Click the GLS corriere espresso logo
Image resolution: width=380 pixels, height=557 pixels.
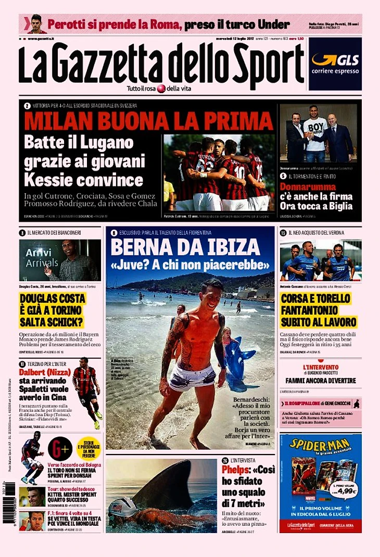click(x=335, y=64)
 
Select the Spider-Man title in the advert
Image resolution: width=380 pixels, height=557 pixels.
click(x=320, y=445)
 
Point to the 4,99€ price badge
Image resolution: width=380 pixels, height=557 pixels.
click(x=344, y=490)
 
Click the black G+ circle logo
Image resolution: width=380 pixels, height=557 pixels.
click(x=60, y=448)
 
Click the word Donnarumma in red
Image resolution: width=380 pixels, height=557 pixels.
click(x=304, y=186)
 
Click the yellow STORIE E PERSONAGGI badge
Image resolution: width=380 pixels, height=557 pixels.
click(x=88, y=448)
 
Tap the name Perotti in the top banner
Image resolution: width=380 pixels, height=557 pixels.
click(x=67, y=24)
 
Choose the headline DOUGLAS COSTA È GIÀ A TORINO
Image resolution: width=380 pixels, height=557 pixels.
click(x=53, y=310)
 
